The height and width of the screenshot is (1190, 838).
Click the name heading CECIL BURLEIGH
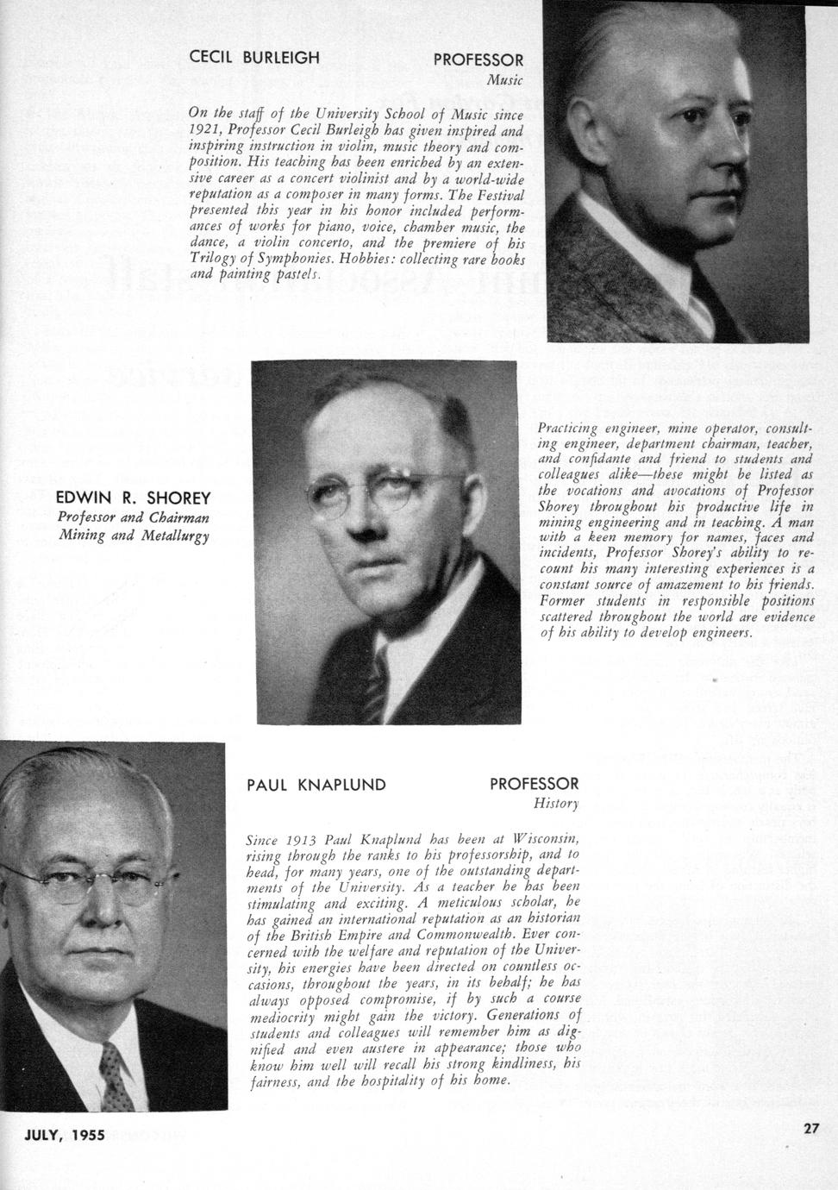tap(254, 58)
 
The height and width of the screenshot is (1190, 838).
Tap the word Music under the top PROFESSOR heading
tap(504, 80)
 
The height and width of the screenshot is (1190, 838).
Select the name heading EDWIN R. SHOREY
tap(133, 498)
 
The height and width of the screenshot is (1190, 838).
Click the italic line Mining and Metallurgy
tap(134, 535)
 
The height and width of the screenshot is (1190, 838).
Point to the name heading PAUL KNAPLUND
tap(316, 785)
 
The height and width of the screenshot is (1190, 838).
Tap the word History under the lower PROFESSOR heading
tap(556, 805)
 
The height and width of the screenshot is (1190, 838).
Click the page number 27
tap(810, 1127)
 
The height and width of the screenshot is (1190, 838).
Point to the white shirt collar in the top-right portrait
tap(694, 297)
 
